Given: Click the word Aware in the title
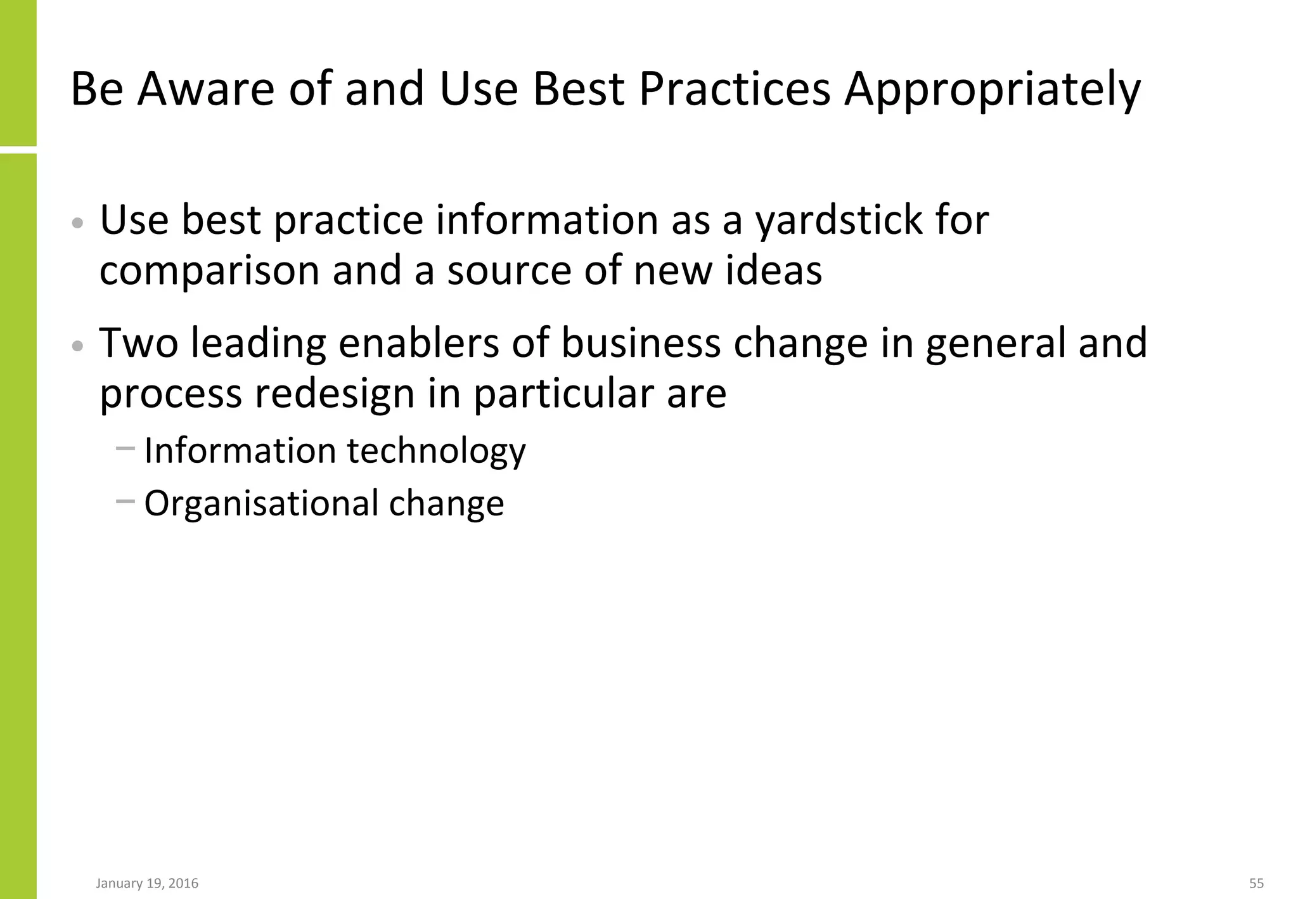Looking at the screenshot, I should click(x=205, y=89).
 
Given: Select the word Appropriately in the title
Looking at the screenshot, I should click(x=992, y=90).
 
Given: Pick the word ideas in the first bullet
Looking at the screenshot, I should click(x=773, y=270).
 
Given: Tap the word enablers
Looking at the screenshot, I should click(x=418, y=343).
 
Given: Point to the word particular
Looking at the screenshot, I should click(x=563, y=394).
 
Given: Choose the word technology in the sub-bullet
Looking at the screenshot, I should click(x=436, y=451).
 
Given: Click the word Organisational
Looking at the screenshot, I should click(x=260, y=503).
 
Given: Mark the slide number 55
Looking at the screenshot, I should click(x=1256, y=883).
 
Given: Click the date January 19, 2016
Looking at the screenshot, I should click(x=147, y=883).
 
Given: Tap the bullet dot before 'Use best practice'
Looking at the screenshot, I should click(x=77, y=223).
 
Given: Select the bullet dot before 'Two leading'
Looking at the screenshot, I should click(x=77, y=346).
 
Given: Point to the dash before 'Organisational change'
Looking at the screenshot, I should click(x=125, y=501).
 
